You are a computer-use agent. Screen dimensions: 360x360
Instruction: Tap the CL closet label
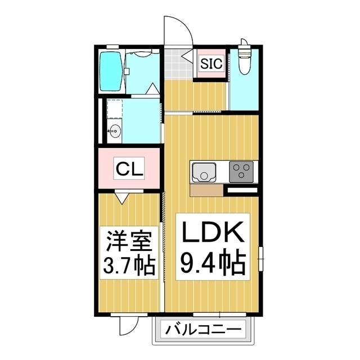click(129, 168)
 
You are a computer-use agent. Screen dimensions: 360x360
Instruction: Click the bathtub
click(111, 72)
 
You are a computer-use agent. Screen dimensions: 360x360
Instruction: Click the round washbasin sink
click(115, 131)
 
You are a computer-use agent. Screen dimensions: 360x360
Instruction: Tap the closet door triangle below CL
click(122, 197)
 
